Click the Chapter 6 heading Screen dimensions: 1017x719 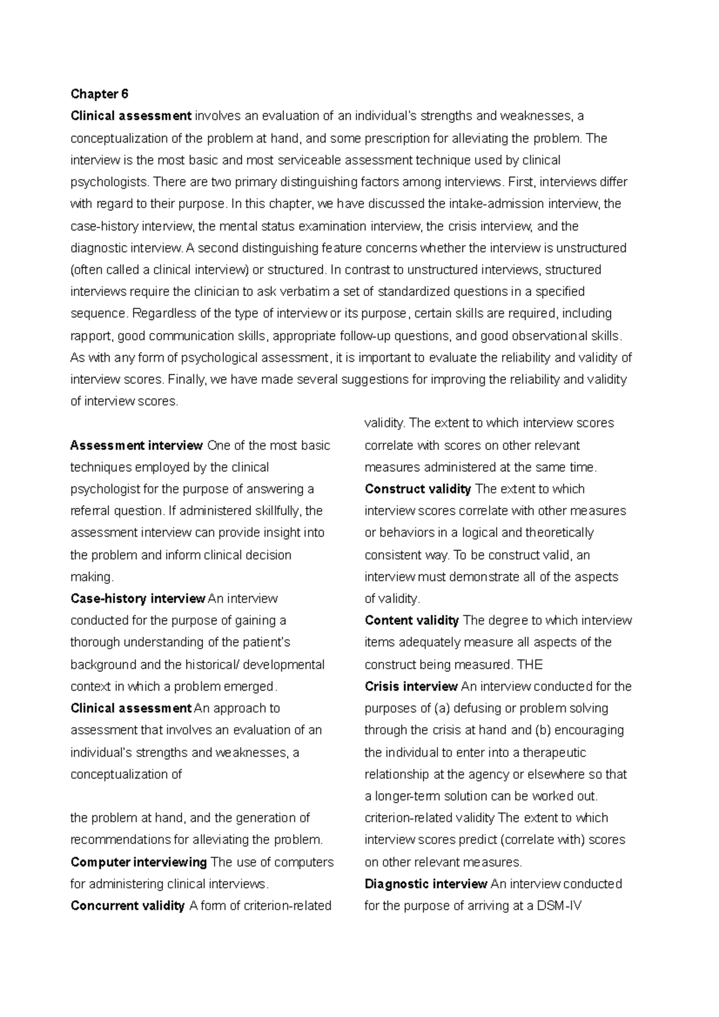pyautogui.click(x=99, y=94)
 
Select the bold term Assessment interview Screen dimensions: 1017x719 pyautogui.click(x=137, y=446)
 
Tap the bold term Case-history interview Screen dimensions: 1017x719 pyautogui.click(x=138, y=599)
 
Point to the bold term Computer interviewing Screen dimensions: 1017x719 pyautogui.click(x=138, y=862)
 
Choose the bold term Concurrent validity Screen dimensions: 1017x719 pyautogui.click(x=127, y=906)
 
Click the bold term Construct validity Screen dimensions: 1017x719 pyautogui.click(x=418, y=489)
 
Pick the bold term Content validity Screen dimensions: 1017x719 pyautogui.click(x=412, y=621)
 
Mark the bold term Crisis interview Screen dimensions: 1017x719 pyautogui.click(x=411, y=687)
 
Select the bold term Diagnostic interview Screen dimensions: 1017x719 pyautogui.click(x=425, y=885)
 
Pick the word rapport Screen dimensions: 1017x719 pyautogui.click(x=90, y=336)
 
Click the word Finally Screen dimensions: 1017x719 pyautogui.click(x=185, y=380)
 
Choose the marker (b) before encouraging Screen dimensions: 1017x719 pyautogui.click(x=544, y=731)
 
